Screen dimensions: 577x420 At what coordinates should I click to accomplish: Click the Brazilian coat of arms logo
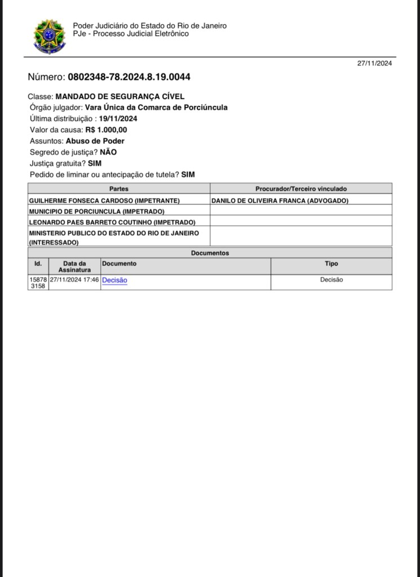click(50, 36)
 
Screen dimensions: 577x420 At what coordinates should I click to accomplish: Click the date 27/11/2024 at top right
click(374, 63)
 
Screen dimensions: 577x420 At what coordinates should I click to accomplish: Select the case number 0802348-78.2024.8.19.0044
click(132, 77)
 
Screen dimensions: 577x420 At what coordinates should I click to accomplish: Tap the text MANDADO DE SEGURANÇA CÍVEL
click(120, 97)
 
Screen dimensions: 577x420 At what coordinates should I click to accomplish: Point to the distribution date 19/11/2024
click(118, 119)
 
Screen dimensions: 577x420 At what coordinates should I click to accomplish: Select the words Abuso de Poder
click(95, 141)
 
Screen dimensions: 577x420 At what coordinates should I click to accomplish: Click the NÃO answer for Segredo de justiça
click(108, 152)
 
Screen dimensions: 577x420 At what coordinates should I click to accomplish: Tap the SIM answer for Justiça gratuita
click(95, 163)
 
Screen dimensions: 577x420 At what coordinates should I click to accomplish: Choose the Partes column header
click(119, 189)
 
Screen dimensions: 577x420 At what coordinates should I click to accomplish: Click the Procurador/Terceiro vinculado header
click(301, 189)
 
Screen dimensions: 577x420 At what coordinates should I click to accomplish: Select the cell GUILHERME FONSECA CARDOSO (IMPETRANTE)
click(104, 201)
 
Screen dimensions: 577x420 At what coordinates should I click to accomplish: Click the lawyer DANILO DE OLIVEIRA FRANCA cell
click(280, 201)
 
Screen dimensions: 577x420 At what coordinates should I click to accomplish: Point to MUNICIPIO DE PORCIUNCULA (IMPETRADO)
click(96, 211)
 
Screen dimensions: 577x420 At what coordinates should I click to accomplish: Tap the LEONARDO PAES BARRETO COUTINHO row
click(112, 222)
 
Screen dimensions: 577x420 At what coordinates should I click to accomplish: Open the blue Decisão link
click(114, 280)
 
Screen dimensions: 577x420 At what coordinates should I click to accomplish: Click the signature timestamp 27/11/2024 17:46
click(74, 279)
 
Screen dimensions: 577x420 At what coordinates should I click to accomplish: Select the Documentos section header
click(210, 254)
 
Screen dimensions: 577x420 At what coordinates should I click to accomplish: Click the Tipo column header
click(331, 264)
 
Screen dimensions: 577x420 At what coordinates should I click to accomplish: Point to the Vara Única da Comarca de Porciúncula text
click(156, 108)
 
